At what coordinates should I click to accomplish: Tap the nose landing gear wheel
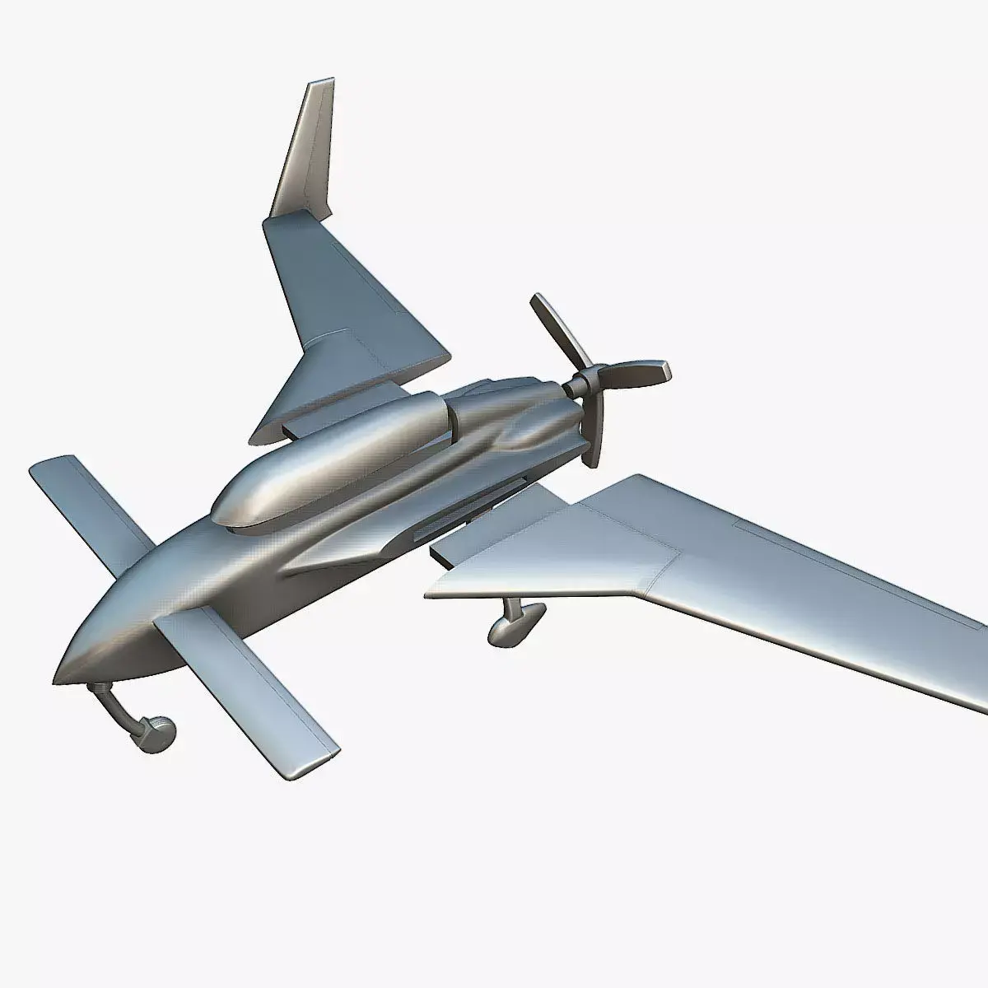pyautogui.click(x=157, y=730)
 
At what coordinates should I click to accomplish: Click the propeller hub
pyautogui.click(x=586, y=382)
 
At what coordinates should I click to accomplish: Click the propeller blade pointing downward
pyautogui.click(x=599, y=432)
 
